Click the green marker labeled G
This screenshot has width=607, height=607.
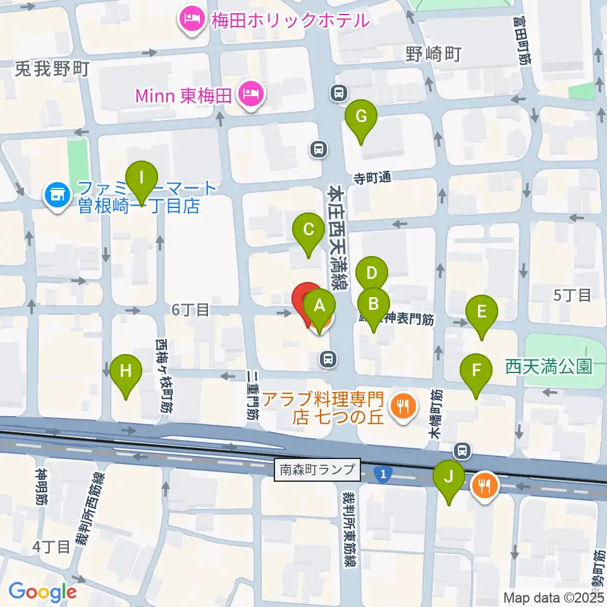(x=361, y=117)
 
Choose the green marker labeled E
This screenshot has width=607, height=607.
(x=482, y=312)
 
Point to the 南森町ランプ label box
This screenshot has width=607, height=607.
(x=317, y=470)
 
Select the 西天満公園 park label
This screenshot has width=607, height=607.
(x=549, y=366)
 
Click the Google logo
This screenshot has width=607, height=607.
(x=42, y=592)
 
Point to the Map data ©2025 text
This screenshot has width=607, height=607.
(x=553, y=597)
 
